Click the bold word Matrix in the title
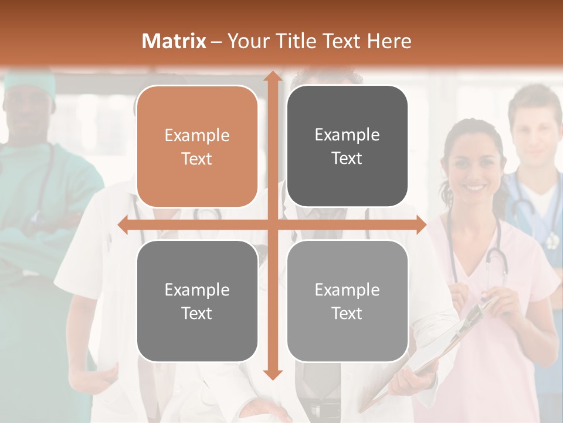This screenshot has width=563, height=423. tap(174, 41)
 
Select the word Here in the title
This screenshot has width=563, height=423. tap(389, 41)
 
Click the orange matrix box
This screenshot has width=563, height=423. tap(197, 146)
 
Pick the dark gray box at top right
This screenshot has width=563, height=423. tap(347, 146)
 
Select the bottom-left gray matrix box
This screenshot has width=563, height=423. tap(197, 301)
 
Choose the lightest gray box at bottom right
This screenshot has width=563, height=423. tap(347, 301)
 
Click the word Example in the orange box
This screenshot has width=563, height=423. tap(197, 135)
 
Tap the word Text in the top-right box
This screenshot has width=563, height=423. tap(347, 159)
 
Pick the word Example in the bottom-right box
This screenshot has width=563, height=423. tap(347, 290)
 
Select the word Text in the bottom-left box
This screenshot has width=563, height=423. tap(197, 313)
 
